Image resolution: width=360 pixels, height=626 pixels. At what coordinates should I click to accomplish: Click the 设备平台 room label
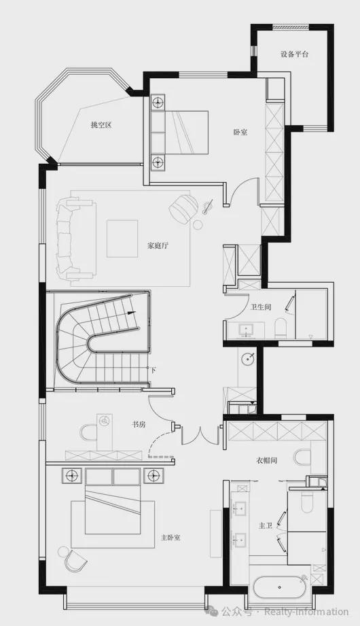294,54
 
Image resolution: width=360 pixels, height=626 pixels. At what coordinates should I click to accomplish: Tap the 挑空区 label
101,125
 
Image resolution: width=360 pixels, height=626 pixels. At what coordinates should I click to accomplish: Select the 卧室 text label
240,132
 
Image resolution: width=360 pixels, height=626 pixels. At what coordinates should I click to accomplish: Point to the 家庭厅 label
158,245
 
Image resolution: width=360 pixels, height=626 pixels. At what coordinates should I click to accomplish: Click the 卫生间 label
261,307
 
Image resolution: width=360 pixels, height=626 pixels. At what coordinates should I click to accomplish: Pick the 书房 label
139,424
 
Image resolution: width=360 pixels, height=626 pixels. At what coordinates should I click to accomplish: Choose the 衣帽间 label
266,460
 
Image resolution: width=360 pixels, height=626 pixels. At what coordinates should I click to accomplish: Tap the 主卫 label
265,526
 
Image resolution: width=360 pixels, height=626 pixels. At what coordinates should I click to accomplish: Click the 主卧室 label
170,538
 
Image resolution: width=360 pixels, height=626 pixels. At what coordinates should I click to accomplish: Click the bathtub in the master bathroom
280,587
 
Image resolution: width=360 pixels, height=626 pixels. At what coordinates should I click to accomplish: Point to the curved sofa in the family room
74,239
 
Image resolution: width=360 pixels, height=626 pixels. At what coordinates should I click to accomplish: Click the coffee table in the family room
122,239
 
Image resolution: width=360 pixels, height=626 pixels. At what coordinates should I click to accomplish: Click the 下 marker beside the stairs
154,370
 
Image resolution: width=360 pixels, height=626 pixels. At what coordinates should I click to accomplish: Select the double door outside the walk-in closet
200,436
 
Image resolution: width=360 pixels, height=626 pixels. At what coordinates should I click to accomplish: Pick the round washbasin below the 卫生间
249,358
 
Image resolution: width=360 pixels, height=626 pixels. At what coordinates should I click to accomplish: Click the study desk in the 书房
105,432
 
